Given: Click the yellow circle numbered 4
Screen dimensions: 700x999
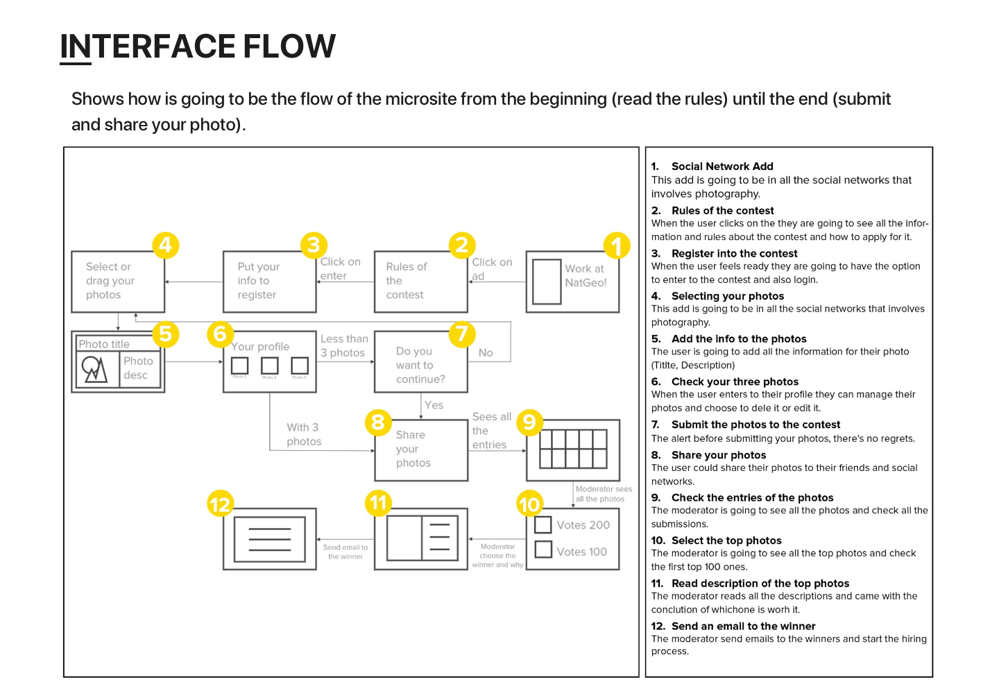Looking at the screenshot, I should pyautogui.click(x=165, y=245).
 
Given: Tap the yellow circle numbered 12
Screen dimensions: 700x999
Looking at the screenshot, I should pyautogui.click(x=220, y=504).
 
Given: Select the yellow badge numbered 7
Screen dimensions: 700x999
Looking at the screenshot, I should pyautogui.click(x=462, y=334).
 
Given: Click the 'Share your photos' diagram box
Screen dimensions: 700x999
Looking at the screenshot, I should pyautogui.click(x=420, y=450).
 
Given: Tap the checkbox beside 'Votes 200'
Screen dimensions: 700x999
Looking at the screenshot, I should pyautogui.click(x=543, y=524).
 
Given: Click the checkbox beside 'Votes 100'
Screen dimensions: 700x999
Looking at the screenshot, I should pyautogui.click(x=543, y=550).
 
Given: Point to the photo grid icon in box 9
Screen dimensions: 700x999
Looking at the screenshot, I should pyautogui.click(x=573, y=449).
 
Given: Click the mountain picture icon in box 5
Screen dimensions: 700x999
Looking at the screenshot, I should pyautogui.click(x=95, y=369).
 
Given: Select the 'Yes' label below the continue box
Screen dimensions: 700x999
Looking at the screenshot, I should pyautogui.click(x=434, y=405).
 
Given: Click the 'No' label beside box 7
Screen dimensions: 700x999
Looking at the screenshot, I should pyautogui.click(x=486, y=353).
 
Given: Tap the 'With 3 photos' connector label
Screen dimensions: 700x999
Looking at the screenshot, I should pyautogui.click(x=304, y=434).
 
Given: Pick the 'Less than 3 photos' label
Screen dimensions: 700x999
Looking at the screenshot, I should pyautogui.click(x=344, y=345).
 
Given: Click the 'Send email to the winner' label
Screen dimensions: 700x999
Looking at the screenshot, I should pyautogui.click(x=345, y=552).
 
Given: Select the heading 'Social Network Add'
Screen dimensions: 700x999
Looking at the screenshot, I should pyautogui.click(x=722, y=167).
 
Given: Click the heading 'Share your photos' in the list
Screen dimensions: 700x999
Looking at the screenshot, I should pyautogui.click(x=719, y=455).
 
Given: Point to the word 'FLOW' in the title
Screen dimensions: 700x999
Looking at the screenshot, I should pyautogui.click(x=289, y=46).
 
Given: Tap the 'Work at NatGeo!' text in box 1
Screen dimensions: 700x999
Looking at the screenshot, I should pyautogui.click(x=586, y=275).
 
